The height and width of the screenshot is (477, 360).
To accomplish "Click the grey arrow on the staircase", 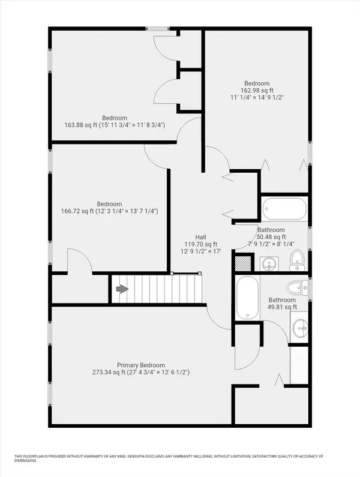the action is click(122, 289).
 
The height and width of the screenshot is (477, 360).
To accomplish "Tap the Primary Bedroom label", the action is click(141, 365).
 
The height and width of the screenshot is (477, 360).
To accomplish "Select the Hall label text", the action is click(200, 237).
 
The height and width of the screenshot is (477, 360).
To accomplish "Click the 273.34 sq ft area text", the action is click(109, 372).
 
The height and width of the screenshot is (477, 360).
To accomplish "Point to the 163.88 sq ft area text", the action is click(80, 125).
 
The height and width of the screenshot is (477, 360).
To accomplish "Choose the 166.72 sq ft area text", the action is click(77, 211).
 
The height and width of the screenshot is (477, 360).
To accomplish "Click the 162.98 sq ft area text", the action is click(257, 91).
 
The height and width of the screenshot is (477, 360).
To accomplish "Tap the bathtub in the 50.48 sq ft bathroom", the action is click(284, 209).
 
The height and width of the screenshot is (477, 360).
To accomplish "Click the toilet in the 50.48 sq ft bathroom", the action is click(298, 260).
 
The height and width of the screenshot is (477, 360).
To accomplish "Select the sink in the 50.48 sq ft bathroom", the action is click(269, 263).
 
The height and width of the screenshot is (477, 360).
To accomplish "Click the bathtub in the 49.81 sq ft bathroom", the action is click(247, 298).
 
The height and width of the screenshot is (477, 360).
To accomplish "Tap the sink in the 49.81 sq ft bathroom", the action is click(299, 328).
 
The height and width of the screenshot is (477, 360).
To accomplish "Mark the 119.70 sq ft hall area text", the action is click(201, 244).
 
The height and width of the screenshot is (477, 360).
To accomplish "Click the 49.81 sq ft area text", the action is click(282, 307).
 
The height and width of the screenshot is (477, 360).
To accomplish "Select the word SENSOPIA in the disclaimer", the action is click(137, 457).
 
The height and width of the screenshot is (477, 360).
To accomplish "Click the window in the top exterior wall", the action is click(157, 29).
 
